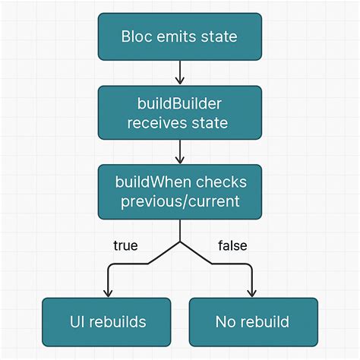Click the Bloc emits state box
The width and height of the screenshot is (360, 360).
click(179, 36)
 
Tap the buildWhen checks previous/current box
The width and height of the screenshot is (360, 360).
click(179, 191)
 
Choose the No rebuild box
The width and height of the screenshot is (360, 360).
click(253, 322)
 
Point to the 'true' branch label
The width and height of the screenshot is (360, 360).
click(125, 245)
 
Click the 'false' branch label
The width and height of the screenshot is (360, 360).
click(232, 245)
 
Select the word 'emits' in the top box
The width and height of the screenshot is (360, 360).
click(175, 36)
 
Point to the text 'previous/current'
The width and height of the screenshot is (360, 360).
click(179, 201)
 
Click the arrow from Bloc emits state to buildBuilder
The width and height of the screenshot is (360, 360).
click(179, 72)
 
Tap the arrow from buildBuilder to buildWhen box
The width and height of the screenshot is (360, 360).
click(179, 151)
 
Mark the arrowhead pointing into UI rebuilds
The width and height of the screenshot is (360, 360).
click(107, 293)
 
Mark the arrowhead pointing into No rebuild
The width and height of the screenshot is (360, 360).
click(252, 293)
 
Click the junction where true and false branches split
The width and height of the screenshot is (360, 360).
click(179, 242)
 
